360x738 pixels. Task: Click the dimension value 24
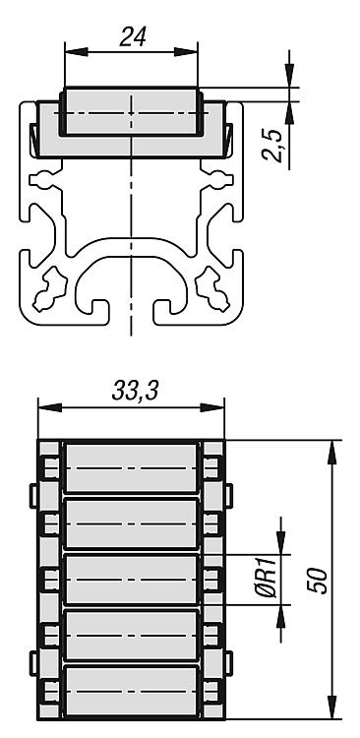133,36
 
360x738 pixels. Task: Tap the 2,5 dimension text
272,146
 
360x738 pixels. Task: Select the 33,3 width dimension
135,391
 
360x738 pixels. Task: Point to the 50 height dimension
317,581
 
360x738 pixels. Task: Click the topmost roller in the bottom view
131,467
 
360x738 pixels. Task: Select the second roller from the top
131,523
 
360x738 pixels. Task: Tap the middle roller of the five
131,580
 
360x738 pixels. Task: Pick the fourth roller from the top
131,636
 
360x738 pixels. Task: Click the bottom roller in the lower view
131,692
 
